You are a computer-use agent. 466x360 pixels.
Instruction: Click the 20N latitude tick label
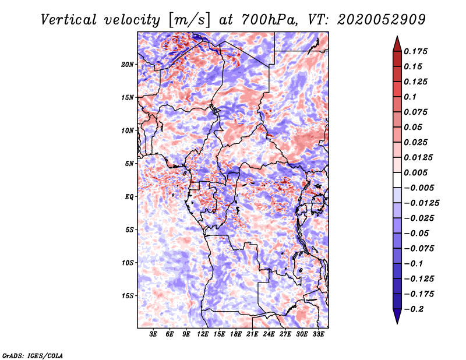point(128,65)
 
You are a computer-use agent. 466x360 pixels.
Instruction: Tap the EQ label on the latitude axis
point(129,197)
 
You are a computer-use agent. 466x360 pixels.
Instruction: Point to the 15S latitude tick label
point(128,296)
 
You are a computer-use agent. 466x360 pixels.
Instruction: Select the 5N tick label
point(129,164)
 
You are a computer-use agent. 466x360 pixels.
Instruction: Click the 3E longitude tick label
point(153,334)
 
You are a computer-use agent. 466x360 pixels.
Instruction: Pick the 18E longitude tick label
point(236,334)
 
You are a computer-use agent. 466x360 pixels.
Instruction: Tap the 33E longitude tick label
point(318,334)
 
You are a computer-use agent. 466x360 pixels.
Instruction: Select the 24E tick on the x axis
point(269,334)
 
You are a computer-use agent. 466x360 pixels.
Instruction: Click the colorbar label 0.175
point(415,51)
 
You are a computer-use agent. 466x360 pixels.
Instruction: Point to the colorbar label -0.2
point(414,309)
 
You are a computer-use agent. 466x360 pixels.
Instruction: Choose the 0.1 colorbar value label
point(410,97)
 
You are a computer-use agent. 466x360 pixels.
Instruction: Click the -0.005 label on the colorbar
point(419,188)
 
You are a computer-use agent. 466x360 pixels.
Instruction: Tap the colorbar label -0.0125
point(421,203)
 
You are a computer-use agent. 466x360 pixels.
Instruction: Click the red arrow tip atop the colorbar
point(397,37)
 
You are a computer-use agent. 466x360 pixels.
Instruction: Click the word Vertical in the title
point(69,20)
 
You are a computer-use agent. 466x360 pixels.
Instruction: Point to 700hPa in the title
point(269,20)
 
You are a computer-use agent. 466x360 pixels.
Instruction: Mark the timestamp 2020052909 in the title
point(382,20)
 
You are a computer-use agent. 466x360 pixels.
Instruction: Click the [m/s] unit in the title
point(189,20)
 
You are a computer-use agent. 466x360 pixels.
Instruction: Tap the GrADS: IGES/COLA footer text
point(33,355)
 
